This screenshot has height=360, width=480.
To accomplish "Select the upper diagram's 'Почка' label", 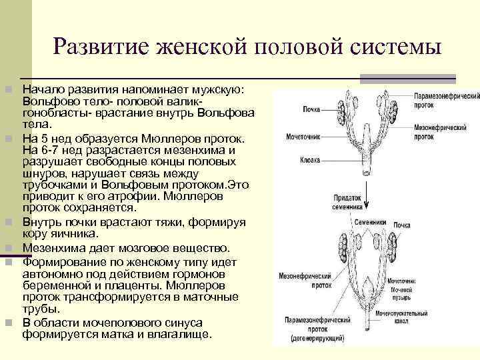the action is coord(311,109).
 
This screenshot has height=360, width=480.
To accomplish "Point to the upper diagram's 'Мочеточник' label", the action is coord(303,136).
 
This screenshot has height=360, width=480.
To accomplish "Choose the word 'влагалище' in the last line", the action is coord(179,335).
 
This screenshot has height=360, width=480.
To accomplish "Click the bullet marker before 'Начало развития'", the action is coord(7,89).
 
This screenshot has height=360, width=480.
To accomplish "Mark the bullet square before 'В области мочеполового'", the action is coord(7,323).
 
